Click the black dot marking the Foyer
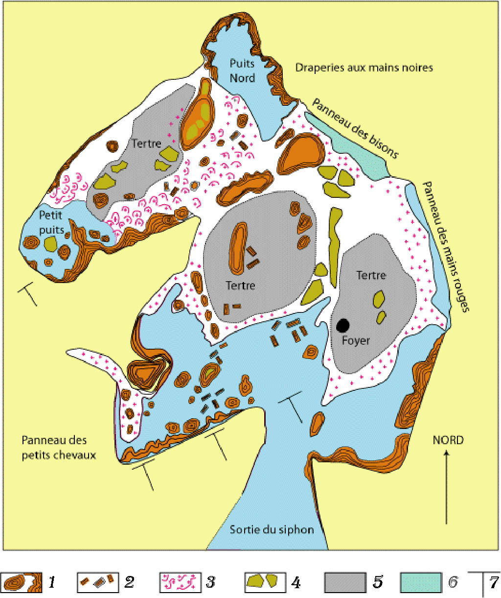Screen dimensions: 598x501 coord(343,324)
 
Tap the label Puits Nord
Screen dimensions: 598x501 coord(243,71)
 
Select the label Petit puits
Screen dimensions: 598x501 coord(51,222)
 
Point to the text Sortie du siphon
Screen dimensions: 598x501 coord(272,529)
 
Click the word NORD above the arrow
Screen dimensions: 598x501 coord(448,440)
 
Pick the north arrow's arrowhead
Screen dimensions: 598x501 coord(446,454)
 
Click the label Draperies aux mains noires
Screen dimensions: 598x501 coord(364,68)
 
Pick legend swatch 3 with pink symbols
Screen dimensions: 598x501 coord(181,582)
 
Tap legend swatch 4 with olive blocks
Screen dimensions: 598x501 coord(265,582)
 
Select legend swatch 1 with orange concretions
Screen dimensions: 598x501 coord(22,582)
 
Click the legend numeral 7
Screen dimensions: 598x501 coord(493,583)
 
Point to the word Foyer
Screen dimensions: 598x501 coord(356,340)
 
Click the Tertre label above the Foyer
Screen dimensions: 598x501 coord(371,275)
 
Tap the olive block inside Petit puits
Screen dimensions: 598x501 coord(50,243)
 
